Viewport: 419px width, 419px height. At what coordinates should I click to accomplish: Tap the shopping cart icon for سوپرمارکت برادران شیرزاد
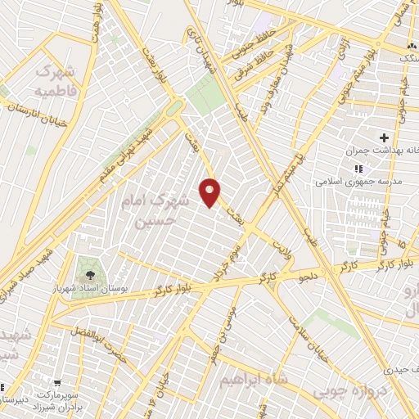click(x=57, y=381)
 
